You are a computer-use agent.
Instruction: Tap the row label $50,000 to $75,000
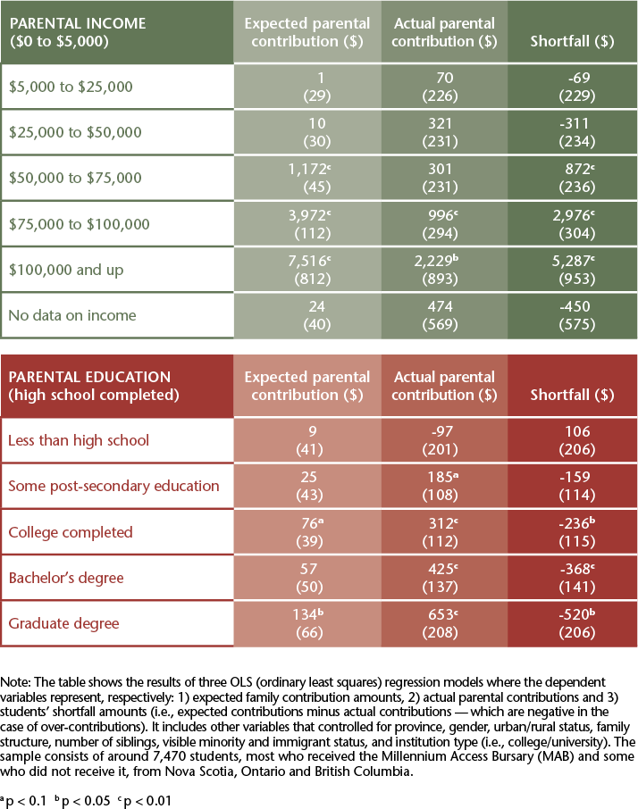75,178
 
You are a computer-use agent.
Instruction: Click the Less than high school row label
79,440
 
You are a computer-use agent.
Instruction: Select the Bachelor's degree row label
65,578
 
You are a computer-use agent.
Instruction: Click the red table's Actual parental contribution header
443,385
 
